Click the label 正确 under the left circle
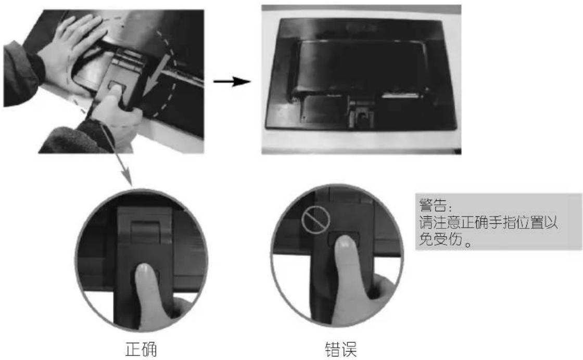tap(141, 349)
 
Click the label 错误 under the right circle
tap(340, 349)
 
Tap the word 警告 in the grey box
tap(433, 205)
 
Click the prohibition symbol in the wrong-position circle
tap(315, 220)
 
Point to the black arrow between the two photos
tap(232, 81)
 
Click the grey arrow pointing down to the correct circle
tap(116, 154)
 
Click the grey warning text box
tap(498, 222)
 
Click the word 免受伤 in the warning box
tap(440, 238)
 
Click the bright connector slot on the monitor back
tap(400, 96)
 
